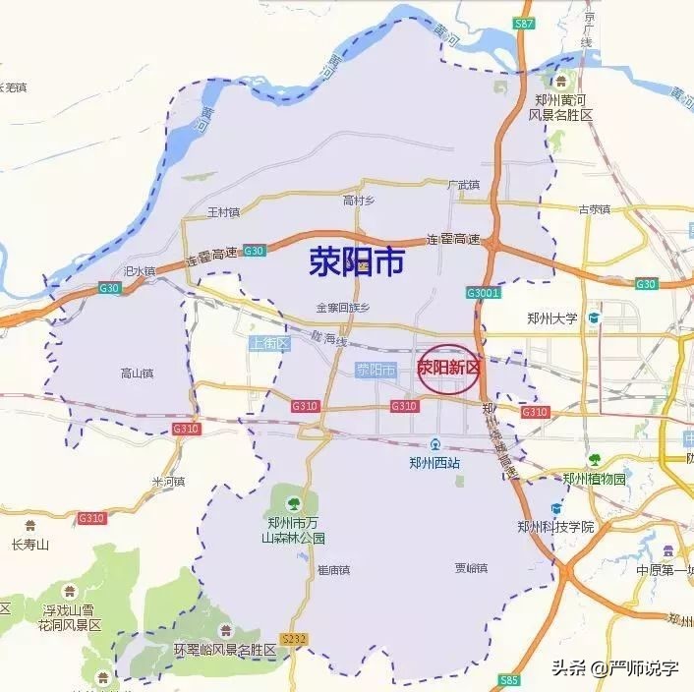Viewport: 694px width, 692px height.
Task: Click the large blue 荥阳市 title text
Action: point(357,262)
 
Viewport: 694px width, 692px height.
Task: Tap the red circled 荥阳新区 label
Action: point(448,369)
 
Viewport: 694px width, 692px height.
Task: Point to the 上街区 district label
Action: point(268,343)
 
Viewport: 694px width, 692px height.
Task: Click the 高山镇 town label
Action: point(137,374)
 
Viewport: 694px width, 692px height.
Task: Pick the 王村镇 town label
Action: point(224,211)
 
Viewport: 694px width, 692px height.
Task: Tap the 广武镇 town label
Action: point(462,184)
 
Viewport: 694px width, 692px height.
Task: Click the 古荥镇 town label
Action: point(594,208)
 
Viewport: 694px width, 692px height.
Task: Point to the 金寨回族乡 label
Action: point(342,308)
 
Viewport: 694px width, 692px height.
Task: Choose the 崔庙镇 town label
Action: point(333,569)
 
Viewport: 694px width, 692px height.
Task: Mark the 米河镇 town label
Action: point(168,482)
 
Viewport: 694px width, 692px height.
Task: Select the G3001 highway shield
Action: point(485,293)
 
